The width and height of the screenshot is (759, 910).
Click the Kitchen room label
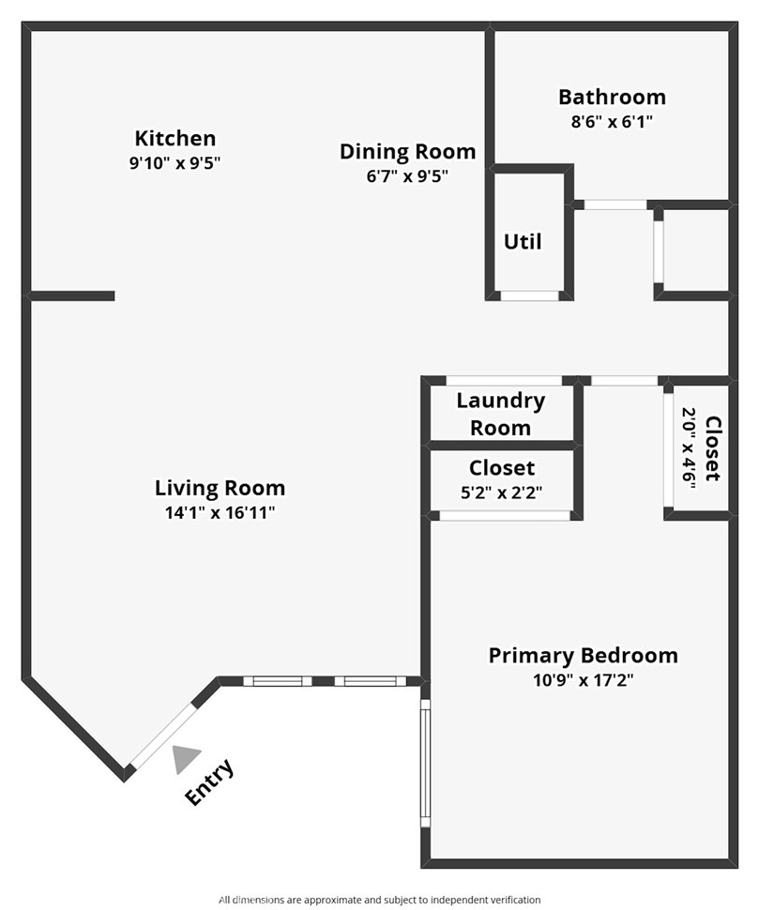tap(175, 138)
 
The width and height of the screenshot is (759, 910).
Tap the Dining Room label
tap(407, 151)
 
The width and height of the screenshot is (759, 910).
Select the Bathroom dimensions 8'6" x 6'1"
tap(613, 122)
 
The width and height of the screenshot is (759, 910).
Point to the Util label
tap(523, 241)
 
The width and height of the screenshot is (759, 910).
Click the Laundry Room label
tap(501, 414)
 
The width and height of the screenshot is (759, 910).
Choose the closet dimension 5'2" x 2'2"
tap(501, 493)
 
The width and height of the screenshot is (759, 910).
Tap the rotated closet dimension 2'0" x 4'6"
tap(689, 448)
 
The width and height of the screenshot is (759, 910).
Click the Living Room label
tap(220, 488)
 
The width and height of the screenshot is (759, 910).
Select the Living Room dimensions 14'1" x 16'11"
tap(220, 513)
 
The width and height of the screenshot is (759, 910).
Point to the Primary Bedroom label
tap(584, 655)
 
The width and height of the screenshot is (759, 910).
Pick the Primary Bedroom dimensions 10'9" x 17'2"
tap(584, 679)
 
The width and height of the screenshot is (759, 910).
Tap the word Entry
tap(210, 781)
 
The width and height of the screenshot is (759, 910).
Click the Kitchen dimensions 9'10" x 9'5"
tap(175, 163)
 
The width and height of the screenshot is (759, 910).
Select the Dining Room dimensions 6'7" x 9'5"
tap(407, 175)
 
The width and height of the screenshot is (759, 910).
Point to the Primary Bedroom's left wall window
tap(425, 763)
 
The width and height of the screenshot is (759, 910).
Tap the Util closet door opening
tap(529, 296)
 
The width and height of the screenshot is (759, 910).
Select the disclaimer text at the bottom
tap(379, 900)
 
